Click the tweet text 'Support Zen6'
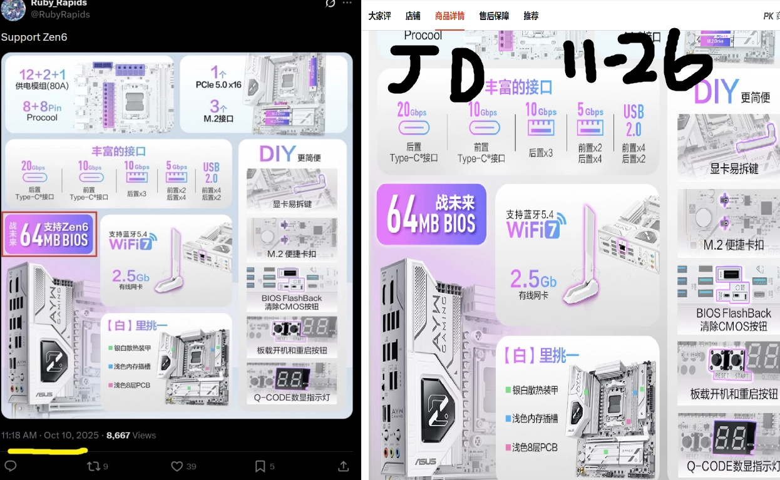click(34, 38)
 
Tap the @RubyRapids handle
click(60, 14)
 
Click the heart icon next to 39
click(177, 466)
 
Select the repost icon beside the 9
click(93, 466)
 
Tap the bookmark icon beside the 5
click(260, 466)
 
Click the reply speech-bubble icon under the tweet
click(10, 466)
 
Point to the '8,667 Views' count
click(131, 436)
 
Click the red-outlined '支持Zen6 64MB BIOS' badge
click(50, 234)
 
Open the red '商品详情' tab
click(449, 16)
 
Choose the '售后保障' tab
click(494, 16)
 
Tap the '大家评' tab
click(379, 16)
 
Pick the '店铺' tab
click(413, 16)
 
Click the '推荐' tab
click(531, 16)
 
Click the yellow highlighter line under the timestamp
click(44, 450)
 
